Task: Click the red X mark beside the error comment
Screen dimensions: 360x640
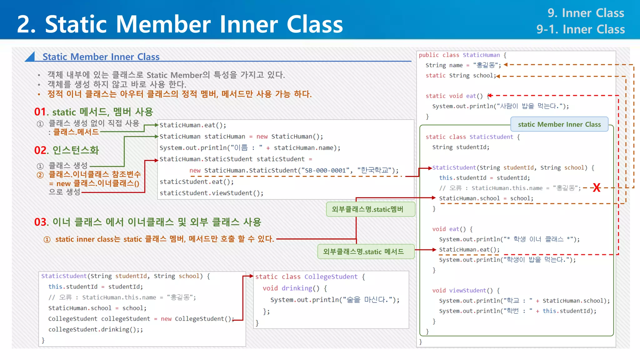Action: coord(597,187)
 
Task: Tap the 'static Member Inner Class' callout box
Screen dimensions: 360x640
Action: coord(559,124)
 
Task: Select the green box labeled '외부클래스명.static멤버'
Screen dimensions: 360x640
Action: coord(370,209)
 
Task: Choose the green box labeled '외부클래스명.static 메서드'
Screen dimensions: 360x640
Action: coord(366,252)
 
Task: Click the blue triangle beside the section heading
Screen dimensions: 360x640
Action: coord(30,57)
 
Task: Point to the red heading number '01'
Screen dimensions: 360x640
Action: coord(40,112)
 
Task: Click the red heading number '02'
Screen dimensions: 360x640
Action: coord(41,150)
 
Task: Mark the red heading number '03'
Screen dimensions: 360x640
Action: coord(41,222)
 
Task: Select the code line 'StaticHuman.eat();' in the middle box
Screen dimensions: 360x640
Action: coord(193,125)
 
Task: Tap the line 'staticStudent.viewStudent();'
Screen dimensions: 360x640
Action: coord(212,193)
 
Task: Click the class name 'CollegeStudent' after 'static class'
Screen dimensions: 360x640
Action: coord(331,277)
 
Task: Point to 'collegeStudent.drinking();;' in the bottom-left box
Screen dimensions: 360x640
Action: coord(95,329)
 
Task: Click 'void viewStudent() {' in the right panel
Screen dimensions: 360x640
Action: coord(466,291)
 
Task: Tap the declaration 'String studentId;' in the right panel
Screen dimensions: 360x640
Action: coord(461,147)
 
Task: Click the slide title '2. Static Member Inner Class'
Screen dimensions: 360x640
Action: coord(180,24)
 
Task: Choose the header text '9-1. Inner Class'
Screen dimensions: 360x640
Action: coord(580,29)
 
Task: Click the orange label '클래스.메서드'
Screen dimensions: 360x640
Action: coord(76,132)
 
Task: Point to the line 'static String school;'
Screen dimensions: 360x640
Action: coord(461,76)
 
